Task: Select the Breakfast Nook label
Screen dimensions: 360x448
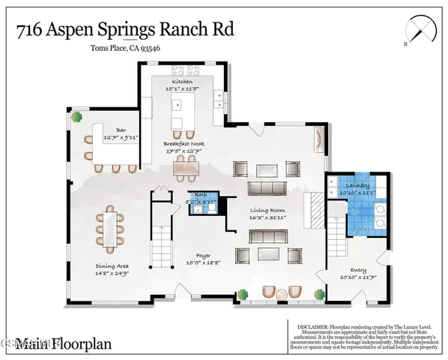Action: click(183, 144)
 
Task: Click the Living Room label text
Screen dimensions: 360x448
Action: click(268, 211)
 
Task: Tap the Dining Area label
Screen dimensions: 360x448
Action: click(109, 265)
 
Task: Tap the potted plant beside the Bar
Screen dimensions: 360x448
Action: click(76, 118)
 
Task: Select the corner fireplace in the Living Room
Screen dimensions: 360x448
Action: click(318, 139)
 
